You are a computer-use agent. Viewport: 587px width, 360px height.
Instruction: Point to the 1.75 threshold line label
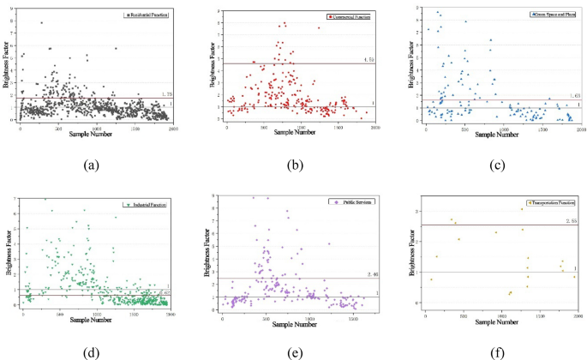168,94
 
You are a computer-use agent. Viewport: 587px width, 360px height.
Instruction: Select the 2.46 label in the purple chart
371,273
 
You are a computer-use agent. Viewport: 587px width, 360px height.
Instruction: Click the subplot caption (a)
93,162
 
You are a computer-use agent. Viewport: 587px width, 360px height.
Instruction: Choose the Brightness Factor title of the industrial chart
7,255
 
